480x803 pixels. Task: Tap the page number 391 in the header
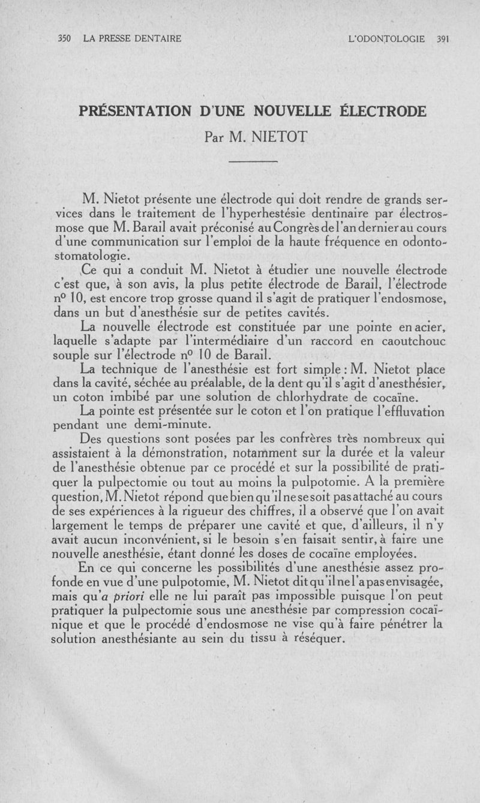point(443,39)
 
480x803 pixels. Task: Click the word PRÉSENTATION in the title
point(133,112)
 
